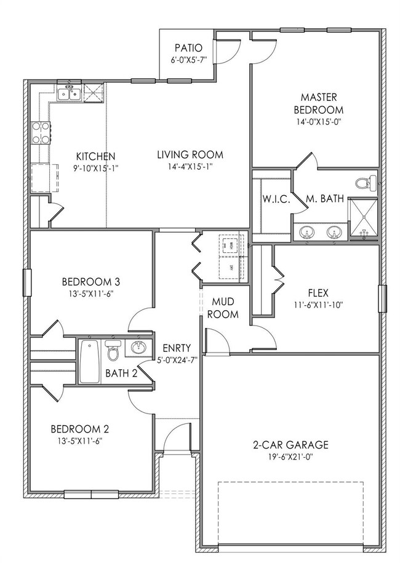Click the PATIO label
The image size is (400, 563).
click(x=188, y=48)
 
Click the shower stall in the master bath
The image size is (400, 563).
click(x=361, y=218)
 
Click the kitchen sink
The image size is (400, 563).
click(x=68, y=93)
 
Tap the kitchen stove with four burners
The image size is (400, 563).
click(x=41, y=133)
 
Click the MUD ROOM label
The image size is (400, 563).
click(x=225, y=308)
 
